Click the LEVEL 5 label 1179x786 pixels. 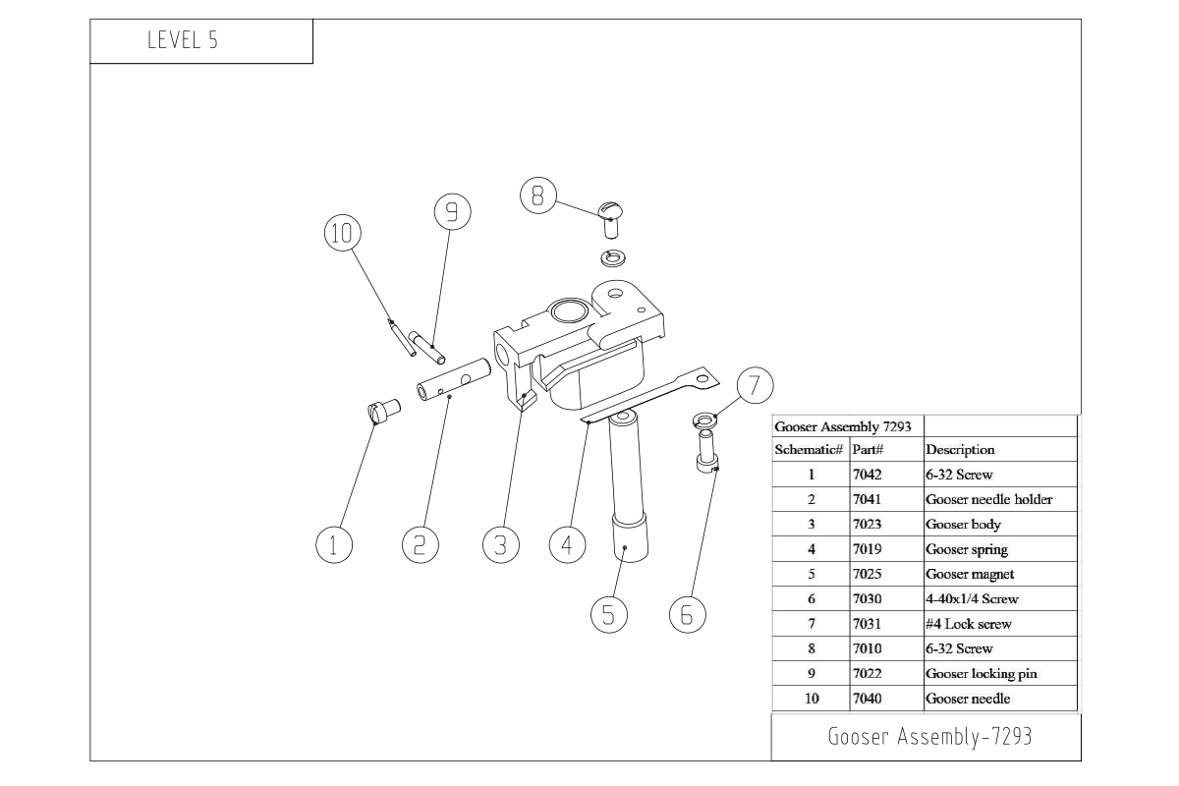(182, 41)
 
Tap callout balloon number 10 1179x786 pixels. (341, 233)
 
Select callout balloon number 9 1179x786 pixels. (452, 210)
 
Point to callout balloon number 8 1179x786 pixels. (536, 196)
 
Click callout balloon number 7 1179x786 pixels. (754, 385)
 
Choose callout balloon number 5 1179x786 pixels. (608, 614)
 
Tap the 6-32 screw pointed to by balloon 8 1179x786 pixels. (612, 218)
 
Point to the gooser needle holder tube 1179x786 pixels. (454, 380)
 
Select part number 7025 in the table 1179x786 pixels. (868, 574)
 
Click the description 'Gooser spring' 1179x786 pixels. (967, 549)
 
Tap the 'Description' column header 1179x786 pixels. (960, 449)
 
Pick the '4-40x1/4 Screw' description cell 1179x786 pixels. (972, 598)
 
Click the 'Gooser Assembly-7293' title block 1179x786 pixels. (928, 737)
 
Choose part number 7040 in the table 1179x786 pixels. (868, 699)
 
